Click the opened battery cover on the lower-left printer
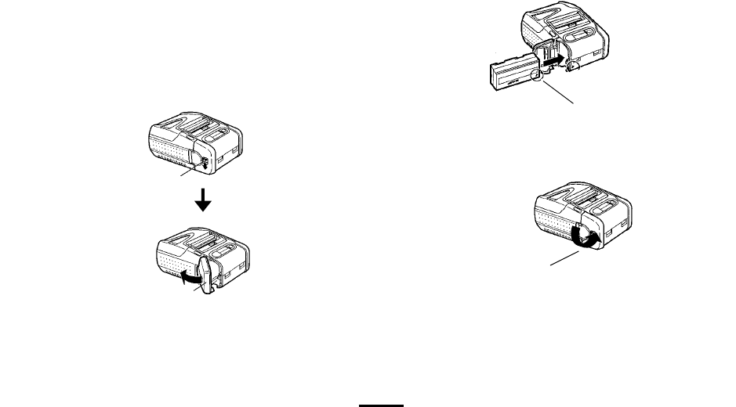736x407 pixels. [x=204, y=275]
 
